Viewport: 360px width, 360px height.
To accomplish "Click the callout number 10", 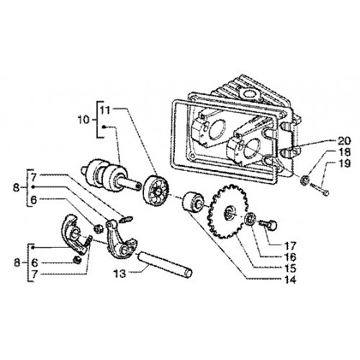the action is (84, 120).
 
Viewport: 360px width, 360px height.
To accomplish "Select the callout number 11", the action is (105, 110).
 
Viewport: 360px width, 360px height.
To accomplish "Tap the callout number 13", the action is (120, 274).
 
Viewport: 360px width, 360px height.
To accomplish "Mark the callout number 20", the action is (344, 141).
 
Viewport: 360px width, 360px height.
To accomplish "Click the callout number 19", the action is (344, 163).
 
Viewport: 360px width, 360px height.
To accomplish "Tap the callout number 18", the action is (344, 152).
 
